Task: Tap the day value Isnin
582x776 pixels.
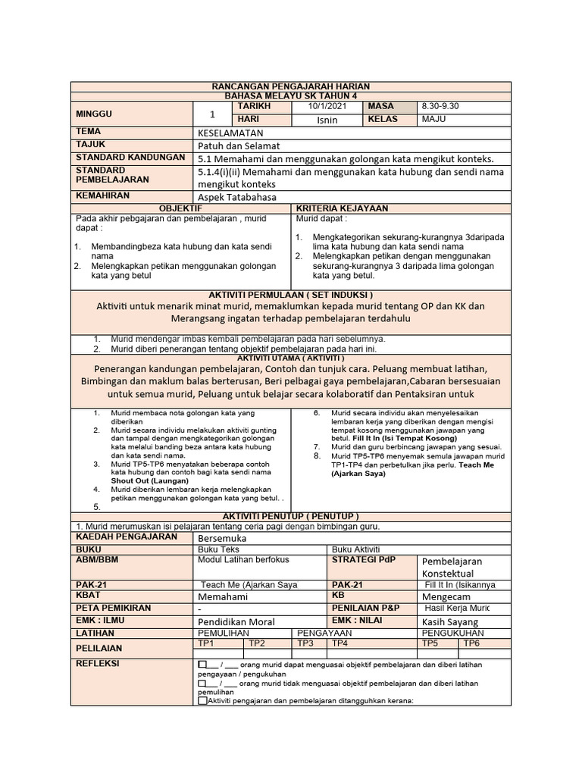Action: [327, 120]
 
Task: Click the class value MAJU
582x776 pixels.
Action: [433, 119]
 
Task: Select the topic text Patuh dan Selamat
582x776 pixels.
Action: [239, 145]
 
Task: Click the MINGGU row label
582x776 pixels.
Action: [94, 114]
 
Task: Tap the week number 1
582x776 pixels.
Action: [213, 114]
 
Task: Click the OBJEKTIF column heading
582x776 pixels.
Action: [180, 208]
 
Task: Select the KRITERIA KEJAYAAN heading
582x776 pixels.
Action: [342, 208]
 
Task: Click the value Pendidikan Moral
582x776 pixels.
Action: [236, 621]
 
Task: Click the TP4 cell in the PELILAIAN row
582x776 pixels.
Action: [339, 643]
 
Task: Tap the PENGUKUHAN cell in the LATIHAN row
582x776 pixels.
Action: [452, 632]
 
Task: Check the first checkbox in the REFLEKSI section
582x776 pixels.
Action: [201, 665]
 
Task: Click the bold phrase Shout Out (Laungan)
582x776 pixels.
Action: [149, 480]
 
